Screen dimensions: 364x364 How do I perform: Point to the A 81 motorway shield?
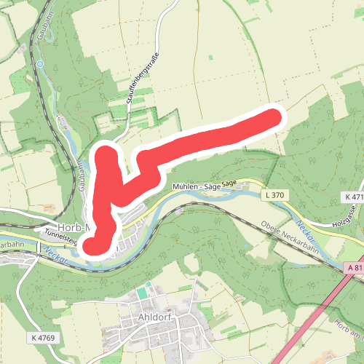(355, 269)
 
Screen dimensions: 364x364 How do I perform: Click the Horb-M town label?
(73, 226)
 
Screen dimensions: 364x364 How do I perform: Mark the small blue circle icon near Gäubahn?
(41, 64)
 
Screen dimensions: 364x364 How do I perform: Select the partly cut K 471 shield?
(354, 197)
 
